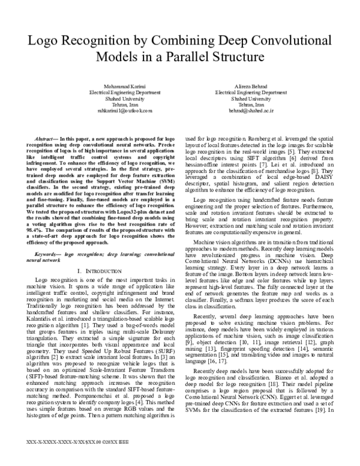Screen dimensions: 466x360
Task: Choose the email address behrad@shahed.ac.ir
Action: pos(242,111)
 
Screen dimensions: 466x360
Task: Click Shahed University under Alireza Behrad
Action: pos(242,98)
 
